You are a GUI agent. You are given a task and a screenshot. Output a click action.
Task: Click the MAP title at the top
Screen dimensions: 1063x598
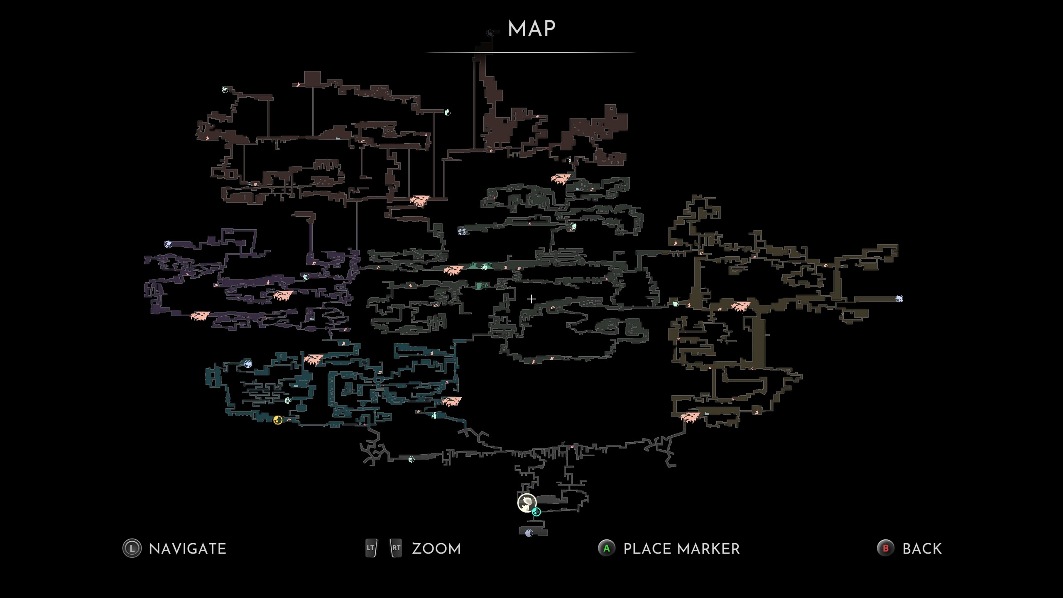(531, 29)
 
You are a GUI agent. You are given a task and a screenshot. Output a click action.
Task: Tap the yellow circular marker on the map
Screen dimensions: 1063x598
(278, 420)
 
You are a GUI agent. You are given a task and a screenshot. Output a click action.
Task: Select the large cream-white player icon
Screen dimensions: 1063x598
(527, 502)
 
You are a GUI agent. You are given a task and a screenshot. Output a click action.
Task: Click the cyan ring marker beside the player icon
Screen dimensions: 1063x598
(536, 512)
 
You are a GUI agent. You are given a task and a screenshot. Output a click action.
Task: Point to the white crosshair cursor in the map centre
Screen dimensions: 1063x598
(531, 299)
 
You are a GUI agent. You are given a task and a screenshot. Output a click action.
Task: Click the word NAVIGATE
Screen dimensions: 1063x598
(187, 549)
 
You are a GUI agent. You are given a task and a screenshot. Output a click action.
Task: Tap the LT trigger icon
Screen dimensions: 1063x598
(371, 548)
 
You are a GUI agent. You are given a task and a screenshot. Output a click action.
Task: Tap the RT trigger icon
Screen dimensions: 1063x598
(396, 548)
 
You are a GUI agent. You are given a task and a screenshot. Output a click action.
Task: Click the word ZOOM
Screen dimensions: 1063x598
(436, 549)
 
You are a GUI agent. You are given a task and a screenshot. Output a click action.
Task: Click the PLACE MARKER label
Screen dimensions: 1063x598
(681, 549)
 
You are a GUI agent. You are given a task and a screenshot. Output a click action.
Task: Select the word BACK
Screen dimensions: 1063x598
(922, 549)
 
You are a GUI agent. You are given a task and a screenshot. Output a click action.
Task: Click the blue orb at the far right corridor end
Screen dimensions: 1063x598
(899, 299)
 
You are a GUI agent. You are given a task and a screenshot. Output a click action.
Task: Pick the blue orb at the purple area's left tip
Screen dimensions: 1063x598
(168, 244)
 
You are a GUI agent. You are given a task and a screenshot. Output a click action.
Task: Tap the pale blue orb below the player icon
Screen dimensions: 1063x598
(529, 533)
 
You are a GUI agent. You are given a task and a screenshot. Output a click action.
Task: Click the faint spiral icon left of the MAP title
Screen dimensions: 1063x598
(490, 33)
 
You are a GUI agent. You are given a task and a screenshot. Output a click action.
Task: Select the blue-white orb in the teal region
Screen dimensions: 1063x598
(248, 364)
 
